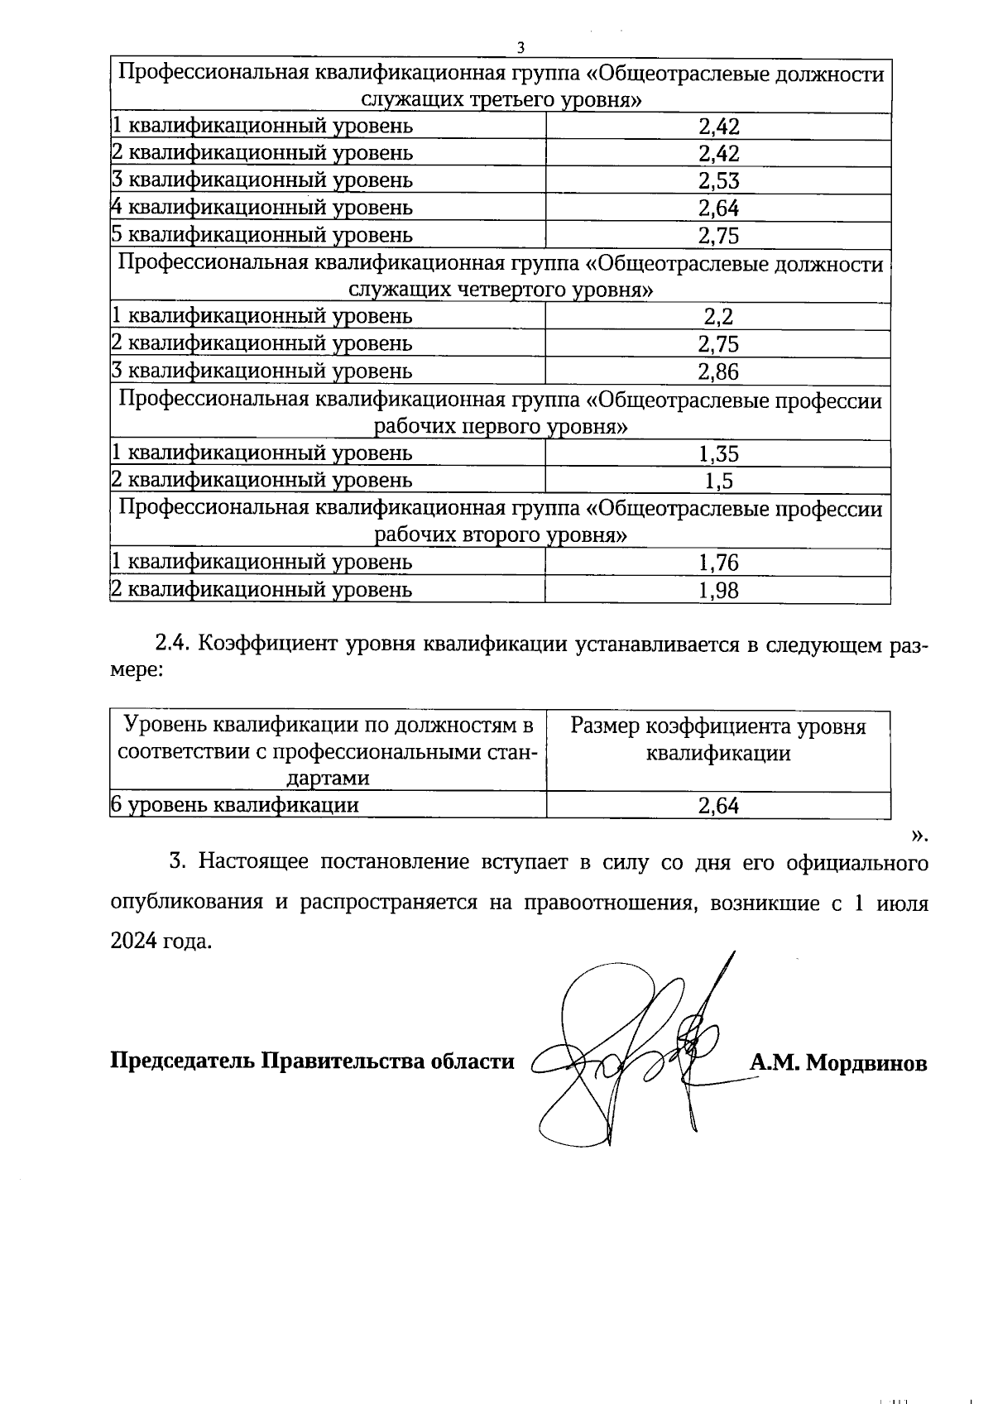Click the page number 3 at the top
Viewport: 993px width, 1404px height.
520,47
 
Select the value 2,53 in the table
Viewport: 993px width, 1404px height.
718,181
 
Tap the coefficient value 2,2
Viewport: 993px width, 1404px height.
718,317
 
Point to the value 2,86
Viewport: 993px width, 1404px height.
718,371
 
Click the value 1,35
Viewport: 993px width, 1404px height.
718,454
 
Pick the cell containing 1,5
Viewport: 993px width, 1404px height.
718,481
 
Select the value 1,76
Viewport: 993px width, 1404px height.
718,563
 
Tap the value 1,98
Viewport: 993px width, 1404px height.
718,590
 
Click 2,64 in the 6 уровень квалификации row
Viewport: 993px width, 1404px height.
718,806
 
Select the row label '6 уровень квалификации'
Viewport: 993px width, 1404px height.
235,805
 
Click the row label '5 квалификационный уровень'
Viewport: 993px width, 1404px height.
261,235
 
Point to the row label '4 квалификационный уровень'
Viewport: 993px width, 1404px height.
261,208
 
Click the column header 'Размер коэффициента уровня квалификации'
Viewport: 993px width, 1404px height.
718,740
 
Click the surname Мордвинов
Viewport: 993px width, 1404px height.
866,1062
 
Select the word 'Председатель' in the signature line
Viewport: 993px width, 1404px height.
183,1061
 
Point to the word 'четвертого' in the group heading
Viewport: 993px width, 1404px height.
516,290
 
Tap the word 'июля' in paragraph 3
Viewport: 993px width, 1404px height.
901,903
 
